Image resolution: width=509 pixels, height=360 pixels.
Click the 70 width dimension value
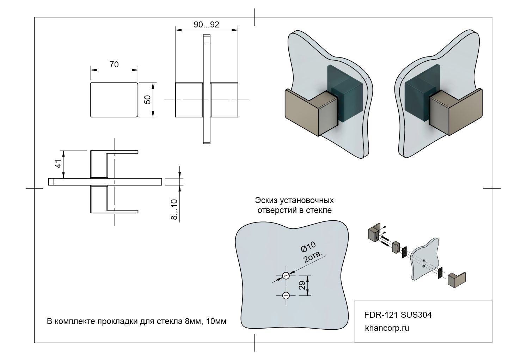click(114, 65)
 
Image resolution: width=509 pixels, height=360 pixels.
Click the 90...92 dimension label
click(207, 25)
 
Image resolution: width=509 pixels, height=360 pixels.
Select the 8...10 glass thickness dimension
click(174, 209)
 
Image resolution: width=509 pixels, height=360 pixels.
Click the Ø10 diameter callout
click(308, 247)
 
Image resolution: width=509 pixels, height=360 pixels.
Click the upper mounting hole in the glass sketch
click(286, 276)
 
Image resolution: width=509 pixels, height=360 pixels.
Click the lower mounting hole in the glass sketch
click(286, 295)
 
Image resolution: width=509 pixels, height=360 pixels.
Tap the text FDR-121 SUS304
click(398, 315)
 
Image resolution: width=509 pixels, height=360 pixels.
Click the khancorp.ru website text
click(387, 328)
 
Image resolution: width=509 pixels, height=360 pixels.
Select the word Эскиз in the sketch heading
click(266, 200)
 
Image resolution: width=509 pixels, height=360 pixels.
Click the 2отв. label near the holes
click(314, 256)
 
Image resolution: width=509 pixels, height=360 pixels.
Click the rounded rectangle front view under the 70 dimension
click(114, 100)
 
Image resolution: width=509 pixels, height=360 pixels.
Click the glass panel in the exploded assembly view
click(424, 257)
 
